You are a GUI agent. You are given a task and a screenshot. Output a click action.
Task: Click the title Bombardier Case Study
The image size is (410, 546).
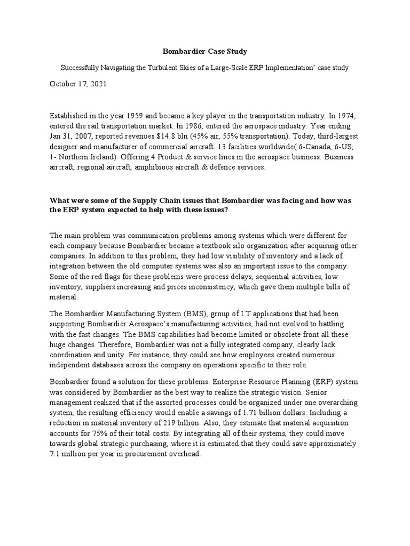[x=205, y=52]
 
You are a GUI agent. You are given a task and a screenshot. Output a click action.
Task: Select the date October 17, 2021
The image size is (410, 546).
[x=78, y=84]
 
